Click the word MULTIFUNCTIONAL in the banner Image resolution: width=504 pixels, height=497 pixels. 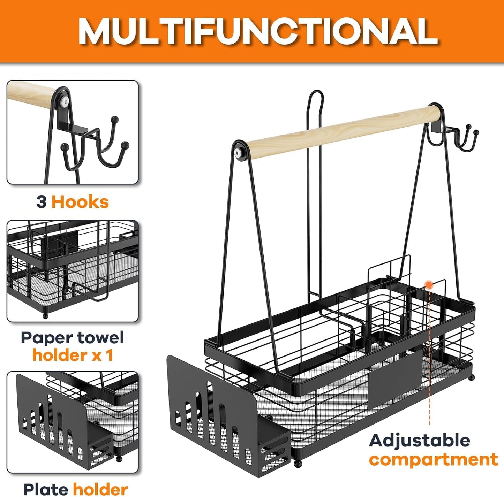click(x=258, y=32)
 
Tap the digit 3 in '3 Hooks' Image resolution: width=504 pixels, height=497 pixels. click(x=42, y=202)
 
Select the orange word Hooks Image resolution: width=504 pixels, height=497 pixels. click(x=80, y=202)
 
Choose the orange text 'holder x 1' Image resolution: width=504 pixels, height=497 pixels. click(x=73, y=355)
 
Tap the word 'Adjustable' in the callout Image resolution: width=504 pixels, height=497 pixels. click(x=419, y=440)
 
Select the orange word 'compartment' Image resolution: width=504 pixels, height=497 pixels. click(x=434, y=460)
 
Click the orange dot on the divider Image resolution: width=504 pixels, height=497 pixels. click(x=428, y=285)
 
